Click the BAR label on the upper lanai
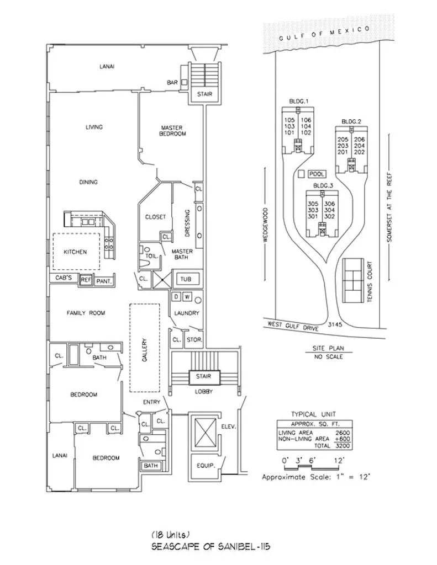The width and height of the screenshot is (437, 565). (172, 83)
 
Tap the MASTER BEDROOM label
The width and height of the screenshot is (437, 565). (172, 130)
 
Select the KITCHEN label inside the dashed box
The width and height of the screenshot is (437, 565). (75, 252)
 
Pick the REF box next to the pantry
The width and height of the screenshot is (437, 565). (86, 280)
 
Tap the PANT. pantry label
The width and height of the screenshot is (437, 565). (104, 281)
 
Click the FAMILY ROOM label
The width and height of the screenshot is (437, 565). (86, 313)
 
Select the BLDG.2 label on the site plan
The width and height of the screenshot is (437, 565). (351, 121)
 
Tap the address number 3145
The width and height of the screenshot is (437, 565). (334, 324)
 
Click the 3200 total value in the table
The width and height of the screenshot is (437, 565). (339, 445)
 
